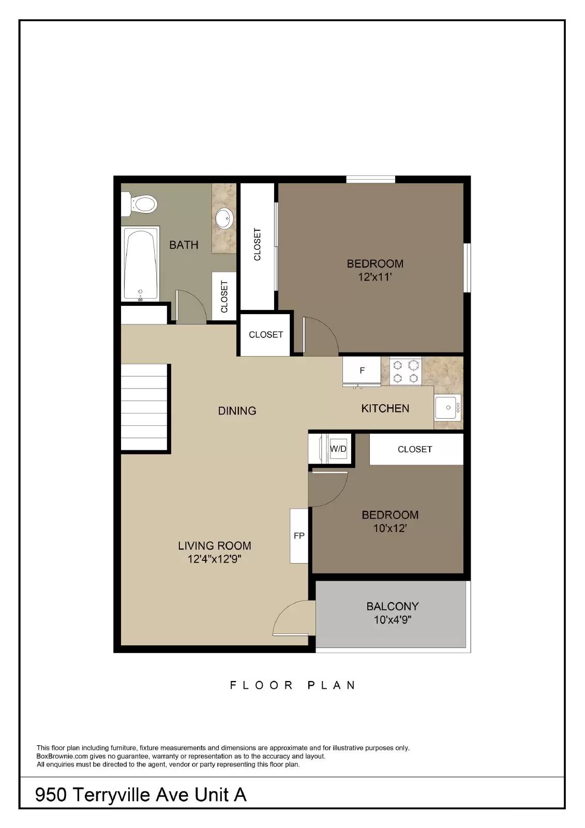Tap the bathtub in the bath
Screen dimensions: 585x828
[140, 263]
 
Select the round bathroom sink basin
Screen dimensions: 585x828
[224, 218]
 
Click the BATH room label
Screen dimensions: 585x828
[184, 245]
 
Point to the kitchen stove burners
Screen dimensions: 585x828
[406, 372]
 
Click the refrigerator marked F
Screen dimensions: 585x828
[362, 371]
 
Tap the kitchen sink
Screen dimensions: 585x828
[447, 407]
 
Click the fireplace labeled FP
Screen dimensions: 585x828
[299, 536]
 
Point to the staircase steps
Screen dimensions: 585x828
[144, 407]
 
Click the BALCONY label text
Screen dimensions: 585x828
[393, 607]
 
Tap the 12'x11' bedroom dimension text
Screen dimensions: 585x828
[374, 277]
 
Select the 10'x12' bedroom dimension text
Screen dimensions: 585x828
[390, 528]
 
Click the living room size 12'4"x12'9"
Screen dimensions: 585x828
[214, 559]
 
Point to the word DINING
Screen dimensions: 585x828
[237, 411]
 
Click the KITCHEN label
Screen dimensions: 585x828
[385, 408]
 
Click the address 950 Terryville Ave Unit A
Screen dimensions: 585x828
[141, 794]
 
